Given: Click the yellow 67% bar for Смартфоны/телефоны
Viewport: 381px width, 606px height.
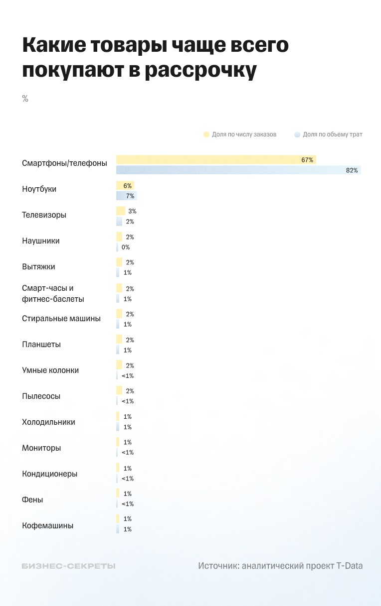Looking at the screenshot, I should coord(215,160).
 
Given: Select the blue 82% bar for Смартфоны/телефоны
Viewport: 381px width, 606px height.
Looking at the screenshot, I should coord(238,170).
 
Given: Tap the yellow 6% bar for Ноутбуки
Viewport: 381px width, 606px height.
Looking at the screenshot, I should coord(125,185).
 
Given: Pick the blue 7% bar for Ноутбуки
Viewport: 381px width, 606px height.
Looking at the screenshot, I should coord(127,196).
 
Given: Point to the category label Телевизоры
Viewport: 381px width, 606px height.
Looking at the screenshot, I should coord(44,215).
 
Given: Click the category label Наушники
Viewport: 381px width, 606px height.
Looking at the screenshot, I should coord(41,241).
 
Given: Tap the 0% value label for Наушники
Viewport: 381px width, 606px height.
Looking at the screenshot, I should coord(126,247).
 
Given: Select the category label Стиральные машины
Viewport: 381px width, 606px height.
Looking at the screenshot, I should coord(61,318).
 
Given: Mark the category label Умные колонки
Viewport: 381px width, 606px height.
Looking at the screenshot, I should coord(50,370).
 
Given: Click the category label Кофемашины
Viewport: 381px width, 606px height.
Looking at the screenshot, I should coord(48,525).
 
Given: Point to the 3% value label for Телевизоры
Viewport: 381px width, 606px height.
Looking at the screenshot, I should coord(132,211).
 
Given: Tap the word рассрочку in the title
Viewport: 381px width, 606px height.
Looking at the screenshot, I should coord(200,70).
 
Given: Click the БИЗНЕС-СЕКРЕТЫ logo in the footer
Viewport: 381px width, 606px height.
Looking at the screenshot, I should coord(69,566).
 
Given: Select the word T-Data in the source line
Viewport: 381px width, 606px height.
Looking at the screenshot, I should coord(349,566).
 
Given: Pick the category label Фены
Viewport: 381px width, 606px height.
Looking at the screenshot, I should coord(32,499).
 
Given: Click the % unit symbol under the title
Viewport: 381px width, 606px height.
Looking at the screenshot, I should coord(25,99).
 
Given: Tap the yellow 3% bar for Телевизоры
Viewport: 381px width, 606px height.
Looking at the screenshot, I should coord(121,211).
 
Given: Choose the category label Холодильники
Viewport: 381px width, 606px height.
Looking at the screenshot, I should coord(48,422).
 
